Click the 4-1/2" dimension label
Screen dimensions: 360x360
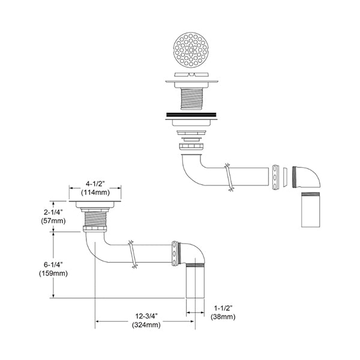pyautogui.click(x=95, y=184)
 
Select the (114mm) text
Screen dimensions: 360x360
pyautogui.click(x=95, y=192)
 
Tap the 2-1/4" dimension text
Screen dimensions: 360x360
pyautogui.click(x=53, y=212)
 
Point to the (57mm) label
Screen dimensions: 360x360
pyautogui.click(x=53, y=221)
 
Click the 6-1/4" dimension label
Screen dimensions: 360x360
pyautogui.click(x=53, y=265)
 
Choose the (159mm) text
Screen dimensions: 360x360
pyautogui.click(x=53, y=274)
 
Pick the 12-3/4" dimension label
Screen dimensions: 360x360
pyautogui.click(x=146, y=316)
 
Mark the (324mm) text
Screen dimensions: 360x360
pyautogui.click(x=146, y=325)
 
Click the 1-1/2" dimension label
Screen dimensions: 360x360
pyautogui.click(x=223, y=308)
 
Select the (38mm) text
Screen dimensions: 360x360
pyautogui.click(x=223, y=317)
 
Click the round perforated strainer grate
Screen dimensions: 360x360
pyautogui.click(x=190, y=50)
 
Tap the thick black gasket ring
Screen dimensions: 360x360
pyautogui.click(x=191, y=114)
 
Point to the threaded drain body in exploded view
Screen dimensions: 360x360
pyautogui.click(x=191, y=95)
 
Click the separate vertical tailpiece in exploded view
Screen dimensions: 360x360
pyautogui.click(x=310, y=209)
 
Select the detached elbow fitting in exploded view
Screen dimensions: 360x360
pyautogui.click(x=307, y=177)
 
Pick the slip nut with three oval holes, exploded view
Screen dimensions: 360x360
pyautogui.click(x=275, y=177)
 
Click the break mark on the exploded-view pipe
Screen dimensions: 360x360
pyautogui.click(x=229, y=177)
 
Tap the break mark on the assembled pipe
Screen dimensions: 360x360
pyautogui.click(x=132, y=254)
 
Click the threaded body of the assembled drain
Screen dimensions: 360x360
pyautogui.click(x=95, y=219)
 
